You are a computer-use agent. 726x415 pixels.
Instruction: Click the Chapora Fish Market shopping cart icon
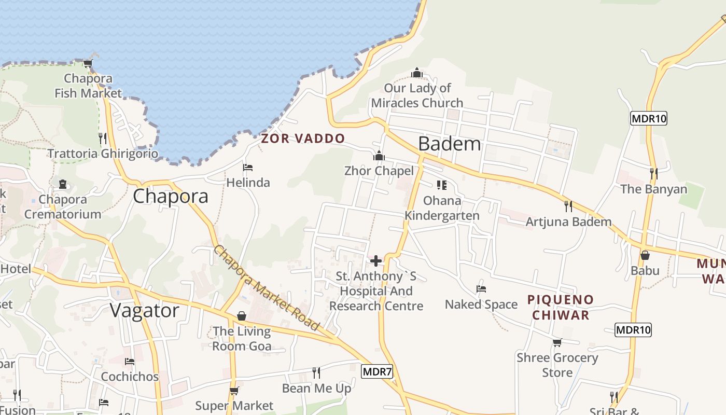(x=88, y=64)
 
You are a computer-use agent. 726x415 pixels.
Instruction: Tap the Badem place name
(x=450, y=144)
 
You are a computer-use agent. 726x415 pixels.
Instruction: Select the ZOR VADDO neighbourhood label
(x=303, y=139)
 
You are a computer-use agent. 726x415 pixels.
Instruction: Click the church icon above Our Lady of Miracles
(x=417, y=73)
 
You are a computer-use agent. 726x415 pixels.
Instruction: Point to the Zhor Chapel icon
(x=379, y=156)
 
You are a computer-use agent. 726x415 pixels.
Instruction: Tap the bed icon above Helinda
(x=248, y=168)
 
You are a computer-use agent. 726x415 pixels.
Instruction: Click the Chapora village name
(x=171, y=196)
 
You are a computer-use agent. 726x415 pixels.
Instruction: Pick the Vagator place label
(x=145, y=310)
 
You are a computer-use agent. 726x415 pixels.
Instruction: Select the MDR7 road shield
(x=378, y=371)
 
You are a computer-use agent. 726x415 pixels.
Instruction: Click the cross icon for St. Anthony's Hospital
(x=376, y=261)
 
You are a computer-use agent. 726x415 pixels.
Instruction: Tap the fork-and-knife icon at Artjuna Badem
(x=568, y=206)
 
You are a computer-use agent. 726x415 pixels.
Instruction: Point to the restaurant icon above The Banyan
(x=653, y=173)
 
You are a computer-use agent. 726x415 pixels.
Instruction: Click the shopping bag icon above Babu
(x=645, y=255)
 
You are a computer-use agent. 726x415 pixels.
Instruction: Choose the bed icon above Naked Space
(x=481, y=289)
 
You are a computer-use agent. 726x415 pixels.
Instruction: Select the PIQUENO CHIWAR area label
(x=560, y=307)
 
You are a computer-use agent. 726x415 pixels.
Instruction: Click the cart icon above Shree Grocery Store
(x=557, y=342)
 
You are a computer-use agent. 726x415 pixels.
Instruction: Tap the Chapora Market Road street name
(x=266, y=288)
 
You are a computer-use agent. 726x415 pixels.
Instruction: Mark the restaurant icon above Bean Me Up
(x=316, y=372)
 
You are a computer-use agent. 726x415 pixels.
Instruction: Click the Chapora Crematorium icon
(x=63, y=184)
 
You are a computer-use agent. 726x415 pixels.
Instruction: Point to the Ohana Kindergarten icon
(x=442, y=185)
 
